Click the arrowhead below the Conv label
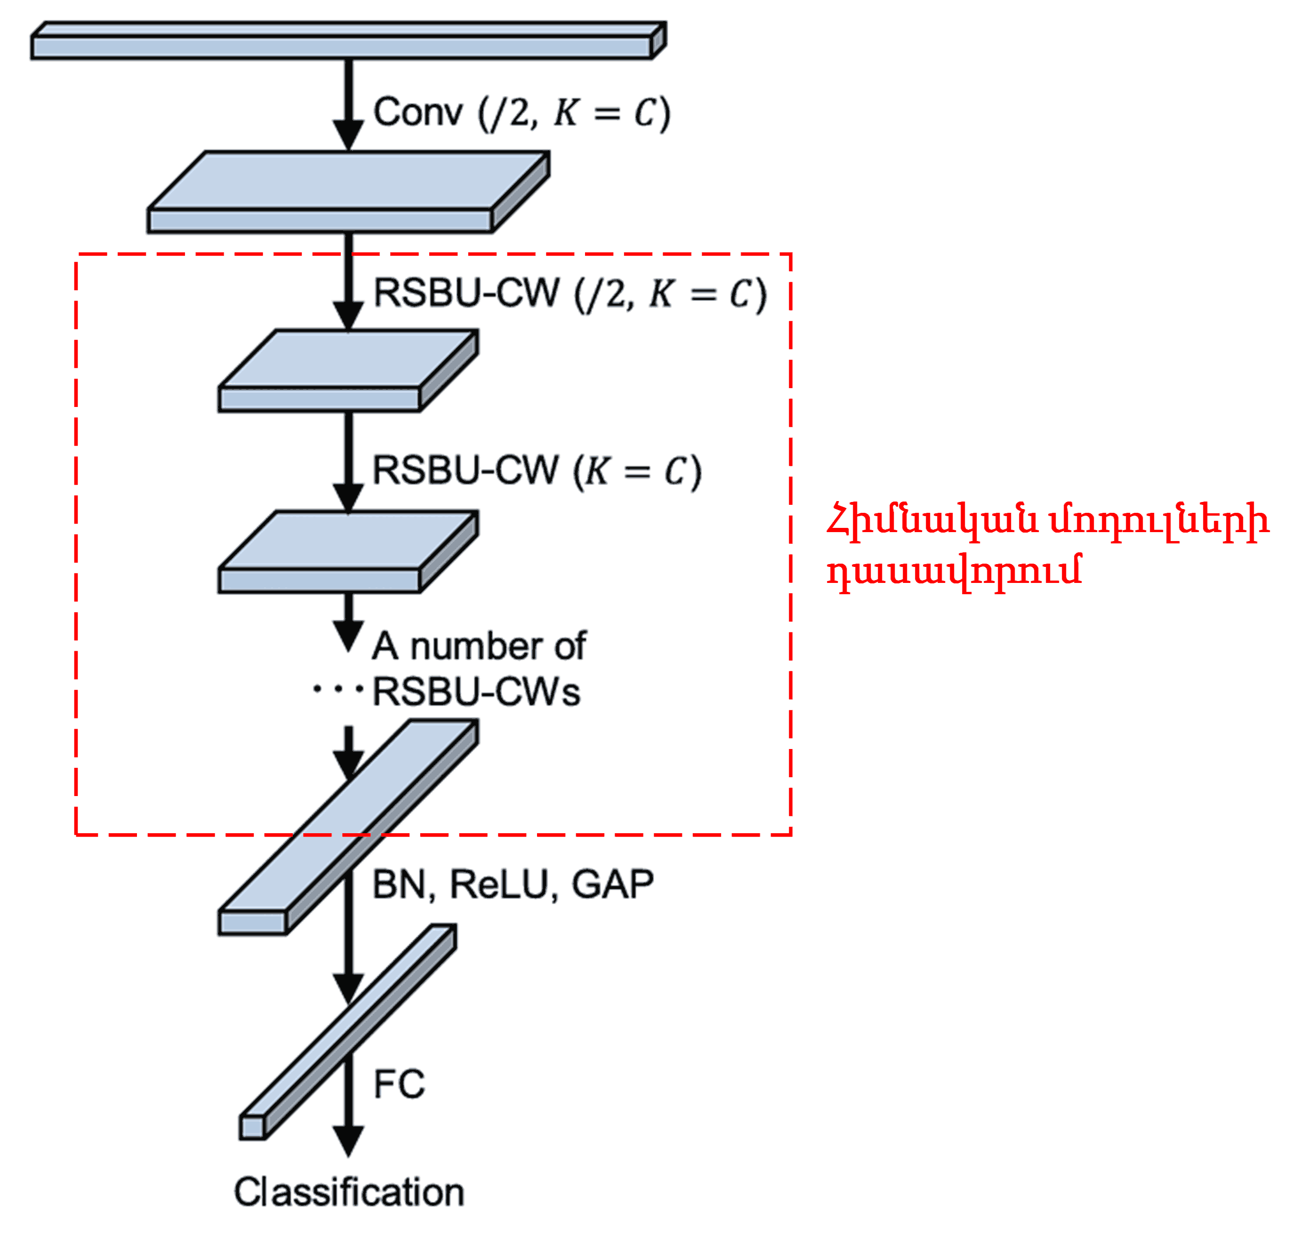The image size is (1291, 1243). [348, 135]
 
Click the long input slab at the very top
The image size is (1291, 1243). [343, 46]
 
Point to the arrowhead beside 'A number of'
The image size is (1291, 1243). [348, 635]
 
